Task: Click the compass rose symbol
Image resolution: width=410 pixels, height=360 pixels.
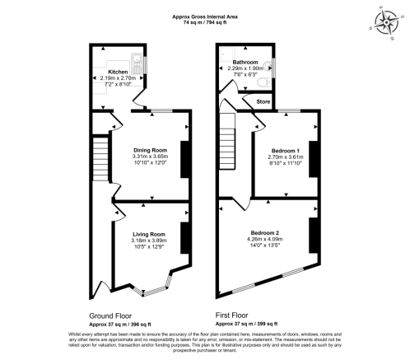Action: [x=385, y=21]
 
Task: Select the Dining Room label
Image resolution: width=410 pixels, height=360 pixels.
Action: [x=149, y=149]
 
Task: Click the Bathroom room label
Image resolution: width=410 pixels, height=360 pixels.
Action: [x=245, y=62]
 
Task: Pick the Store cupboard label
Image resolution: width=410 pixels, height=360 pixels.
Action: [x=263, y=101]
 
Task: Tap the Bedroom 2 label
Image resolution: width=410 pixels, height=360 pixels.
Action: [x=265, y=233]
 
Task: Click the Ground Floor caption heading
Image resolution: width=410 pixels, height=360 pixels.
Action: [x=109, y=316]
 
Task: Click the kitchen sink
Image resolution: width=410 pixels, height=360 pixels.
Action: [x=136, y=60]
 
